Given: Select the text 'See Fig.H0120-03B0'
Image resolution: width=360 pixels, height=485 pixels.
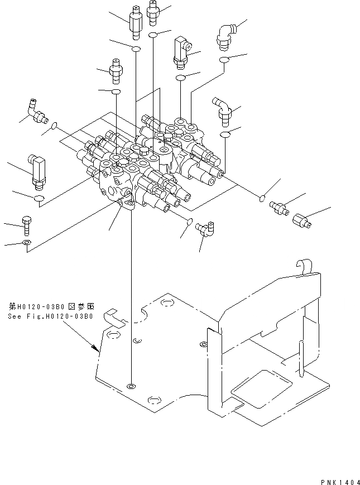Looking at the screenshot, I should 50,316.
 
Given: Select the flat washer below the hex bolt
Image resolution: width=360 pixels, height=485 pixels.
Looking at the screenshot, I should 26,243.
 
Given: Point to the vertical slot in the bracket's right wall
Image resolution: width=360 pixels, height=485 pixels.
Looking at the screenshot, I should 301,359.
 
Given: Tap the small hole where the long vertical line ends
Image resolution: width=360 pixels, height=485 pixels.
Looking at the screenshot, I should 131,386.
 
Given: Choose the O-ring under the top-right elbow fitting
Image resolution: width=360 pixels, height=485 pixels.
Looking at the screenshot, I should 224,59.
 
